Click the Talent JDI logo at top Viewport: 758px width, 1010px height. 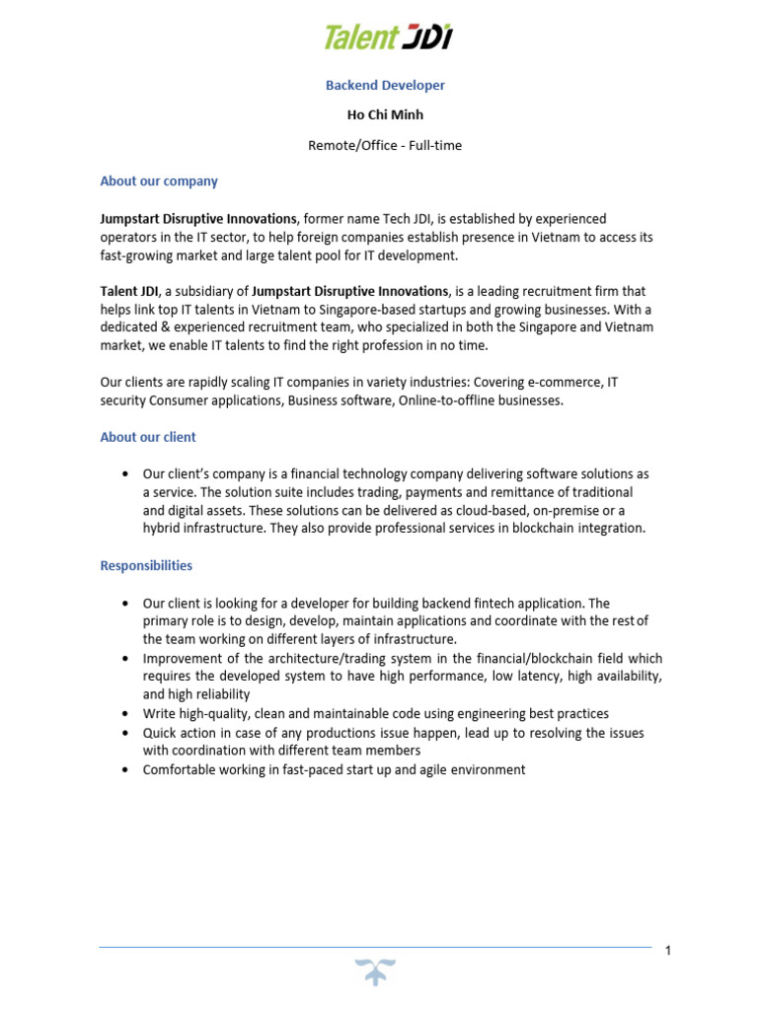[388, 37]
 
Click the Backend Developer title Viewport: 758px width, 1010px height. [385, 86]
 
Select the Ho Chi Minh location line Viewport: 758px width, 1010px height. [385, 115]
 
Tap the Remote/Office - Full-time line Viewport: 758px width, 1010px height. [385, 145]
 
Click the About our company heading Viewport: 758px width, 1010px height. [159, 181]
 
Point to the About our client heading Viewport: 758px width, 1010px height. [148, 437]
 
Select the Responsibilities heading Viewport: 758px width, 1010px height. [146, 566]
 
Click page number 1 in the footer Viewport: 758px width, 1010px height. [668, 951]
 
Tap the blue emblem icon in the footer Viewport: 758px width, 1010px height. [376, 972]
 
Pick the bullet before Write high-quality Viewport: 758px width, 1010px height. [124, 714]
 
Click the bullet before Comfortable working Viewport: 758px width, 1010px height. [124, 770]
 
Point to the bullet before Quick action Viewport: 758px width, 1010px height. [124, 733]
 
